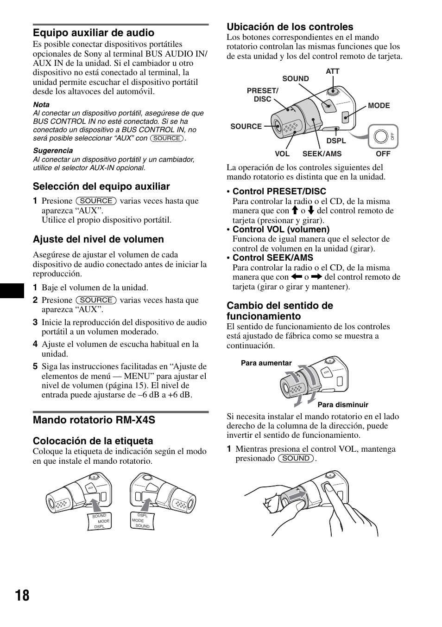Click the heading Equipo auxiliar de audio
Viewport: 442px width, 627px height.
tap(93, 33)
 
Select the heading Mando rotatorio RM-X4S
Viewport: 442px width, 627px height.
tap(94, 420)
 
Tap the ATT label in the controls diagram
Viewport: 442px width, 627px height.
tap(332, 71)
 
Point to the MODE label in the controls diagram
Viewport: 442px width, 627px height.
tap(379, 106)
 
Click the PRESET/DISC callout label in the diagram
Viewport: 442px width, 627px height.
tap(262, 95)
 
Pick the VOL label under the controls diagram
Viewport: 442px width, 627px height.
tap(282, 154)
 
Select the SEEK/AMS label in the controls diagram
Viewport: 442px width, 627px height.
tap(322, 154)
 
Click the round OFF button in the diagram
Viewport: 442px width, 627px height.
tap(381, 137)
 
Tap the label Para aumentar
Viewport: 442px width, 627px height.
tap(266, 364)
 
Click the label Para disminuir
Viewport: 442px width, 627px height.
tap(343, 405)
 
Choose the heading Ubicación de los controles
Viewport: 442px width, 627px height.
tap(290, 27)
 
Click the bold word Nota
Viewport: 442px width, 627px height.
tap(41, 105)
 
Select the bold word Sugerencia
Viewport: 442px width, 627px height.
tap(53, 151)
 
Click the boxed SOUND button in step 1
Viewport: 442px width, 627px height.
tap(296, 459)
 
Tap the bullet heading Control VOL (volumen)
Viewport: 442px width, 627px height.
tap(281, 230)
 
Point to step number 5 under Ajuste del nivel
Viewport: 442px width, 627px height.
tap(35, 366)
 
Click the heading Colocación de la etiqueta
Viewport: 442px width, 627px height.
tap(93, 441)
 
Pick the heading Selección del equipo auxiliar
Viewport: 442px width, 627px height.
tap(101, 186)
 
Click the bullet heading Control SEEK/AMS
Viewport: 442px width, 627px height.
tap(272, 258)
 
